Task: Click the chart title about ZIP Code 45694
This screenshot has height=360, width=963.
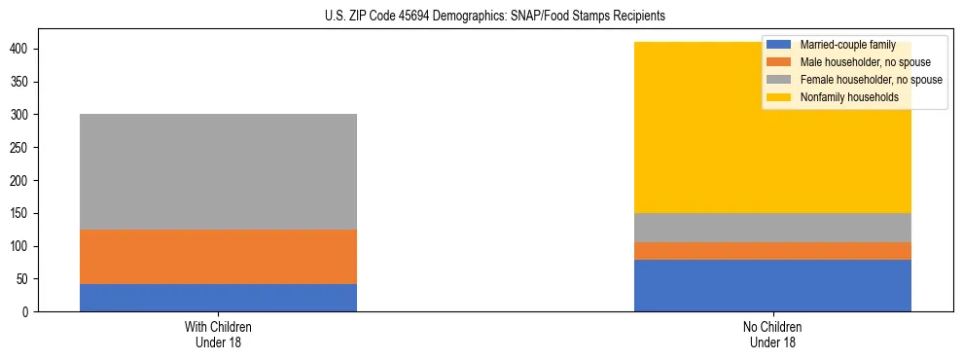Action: click(x=495, y=17)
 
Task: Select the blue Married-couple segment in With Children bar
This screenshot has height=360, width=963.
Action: click(x=218, y=298)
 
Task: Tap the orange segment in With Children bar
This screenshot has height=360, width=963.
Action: click(x=218, y=257)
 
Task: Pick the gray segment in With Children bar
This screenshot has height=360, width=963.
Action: click(x=218, y=172)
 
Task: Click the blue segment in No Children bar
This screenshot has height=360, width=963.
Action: click(x=772, y=285)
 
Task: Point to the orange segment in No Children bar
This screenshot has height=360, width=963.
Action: click(x=772, y=251)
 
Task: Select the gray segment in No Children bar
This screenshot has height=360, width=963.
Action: click(x=772, y=228)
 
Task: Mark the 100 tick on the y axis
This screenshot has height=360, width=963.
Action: click(x=25, y=246)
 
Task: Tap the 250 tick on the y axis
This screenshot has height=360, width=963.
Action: click(x=25, y=148)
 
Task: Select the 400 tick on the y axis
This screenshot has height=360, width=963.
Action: click(x=25, y=50)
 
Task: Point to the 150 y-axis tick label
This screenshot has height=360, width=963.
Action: click(x=25, y=213)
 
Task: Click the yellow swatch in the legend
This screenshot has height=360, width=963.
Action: click(x=779, y=97)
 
